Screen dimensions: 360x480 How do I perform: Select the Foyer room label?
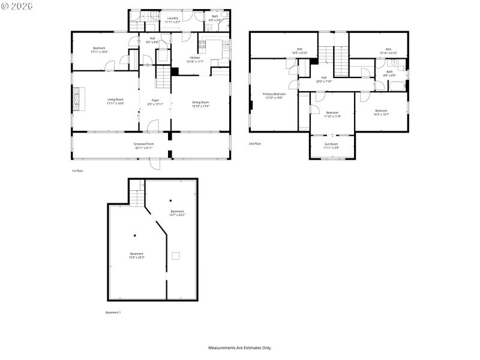coord(155,101)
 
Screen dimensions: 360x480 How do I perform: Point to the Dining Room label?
coord(200,104)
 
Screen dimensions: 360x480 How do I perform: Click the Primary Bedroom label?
coord(274,95)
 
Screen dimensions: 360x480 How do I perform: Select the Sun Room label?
coord(332,146)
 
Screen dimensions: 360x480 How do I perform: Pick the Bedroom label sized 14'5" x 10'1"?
coord(381,112)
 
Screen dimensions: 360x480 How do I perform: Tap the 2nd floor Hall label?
coord(323,79)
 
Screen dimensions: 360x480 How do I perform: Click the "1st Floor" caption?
coord(77,171)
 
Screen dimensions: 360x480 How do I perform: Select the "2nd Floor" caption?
coord(255,143)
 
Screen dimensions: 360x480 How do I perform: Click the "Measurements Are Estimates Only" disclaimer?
coord(239,347)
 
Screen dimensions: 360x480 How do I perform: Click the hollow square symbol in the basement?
coord(175,256)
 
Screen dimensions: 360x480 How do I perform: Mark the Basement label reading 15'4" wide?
coord(137,255)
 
